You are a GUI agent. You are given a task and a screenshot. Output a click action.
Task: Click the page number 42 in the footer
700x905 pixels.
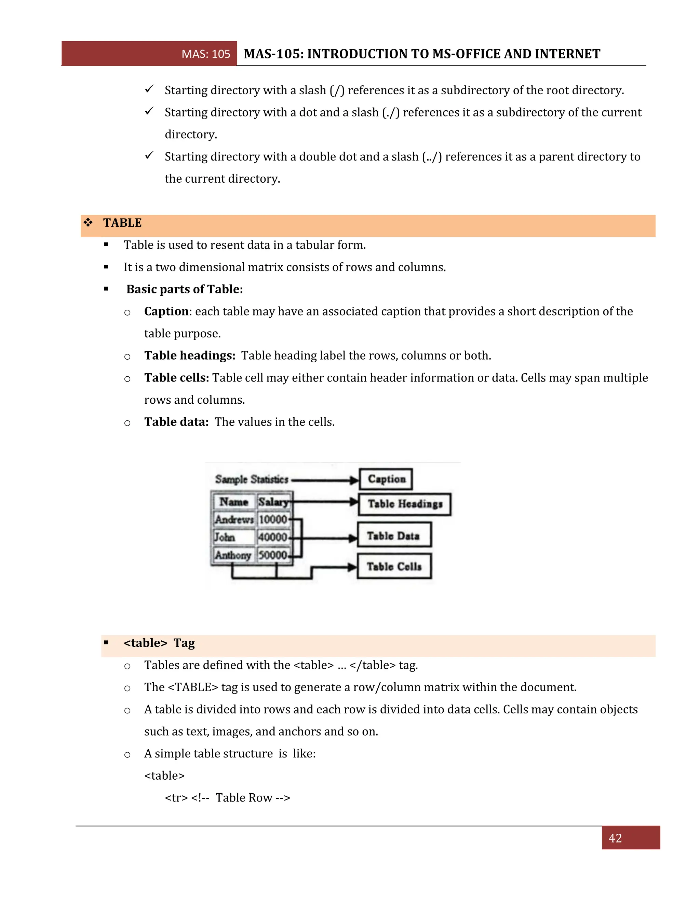[615, 838]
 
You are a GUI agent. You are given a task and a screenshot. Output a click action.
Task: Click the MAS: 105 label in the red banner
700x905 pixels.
[206, 54]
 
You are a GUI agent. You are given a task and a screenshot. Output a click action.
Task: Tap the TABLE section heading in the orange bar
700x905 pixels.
[122, 223]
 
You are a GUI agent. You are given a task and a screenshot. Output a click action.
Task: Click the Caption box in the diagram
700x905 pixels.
[386, 479]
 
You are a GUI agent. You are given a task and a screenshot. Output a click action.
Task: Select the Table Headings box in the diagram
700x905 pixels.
[404, 504]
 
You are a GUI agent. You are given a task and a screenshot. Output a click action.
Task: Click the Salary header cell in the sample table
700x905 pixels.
[273, 502]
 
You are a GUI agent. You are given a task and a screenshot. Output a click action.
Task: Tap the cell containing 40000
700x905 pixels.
[272, 537]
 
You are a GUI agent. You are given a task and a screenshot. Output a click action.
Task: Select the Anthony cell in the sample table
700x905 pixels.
[233, 555]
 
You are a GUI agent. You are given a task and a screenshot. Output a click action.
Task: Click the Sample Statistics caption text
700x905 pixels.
[251, 479]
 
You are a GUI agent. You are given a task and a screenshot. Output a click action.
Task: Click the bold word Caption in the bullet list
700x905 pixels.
[166, 311]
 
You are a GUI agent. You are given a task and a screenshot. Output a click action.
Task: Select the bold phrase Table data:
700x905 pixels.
[176, 422]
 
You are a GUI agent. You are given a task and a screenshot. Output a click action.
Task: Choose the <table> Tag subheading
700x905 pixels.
[159, 643]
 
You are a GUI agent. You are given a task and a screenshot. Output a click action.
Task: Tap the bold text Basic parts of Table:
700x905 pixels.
[185, 289]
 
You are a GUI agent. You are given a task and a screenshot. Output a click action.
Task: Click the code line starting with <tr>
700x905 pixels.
[227, 798]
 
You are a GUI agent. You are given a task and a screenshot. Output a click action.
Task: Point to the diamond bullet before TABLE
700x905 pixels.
[88, 223]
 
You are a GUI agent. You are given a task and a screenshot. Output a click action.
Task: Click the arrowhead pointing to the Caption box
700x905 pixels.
[354, 480]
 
